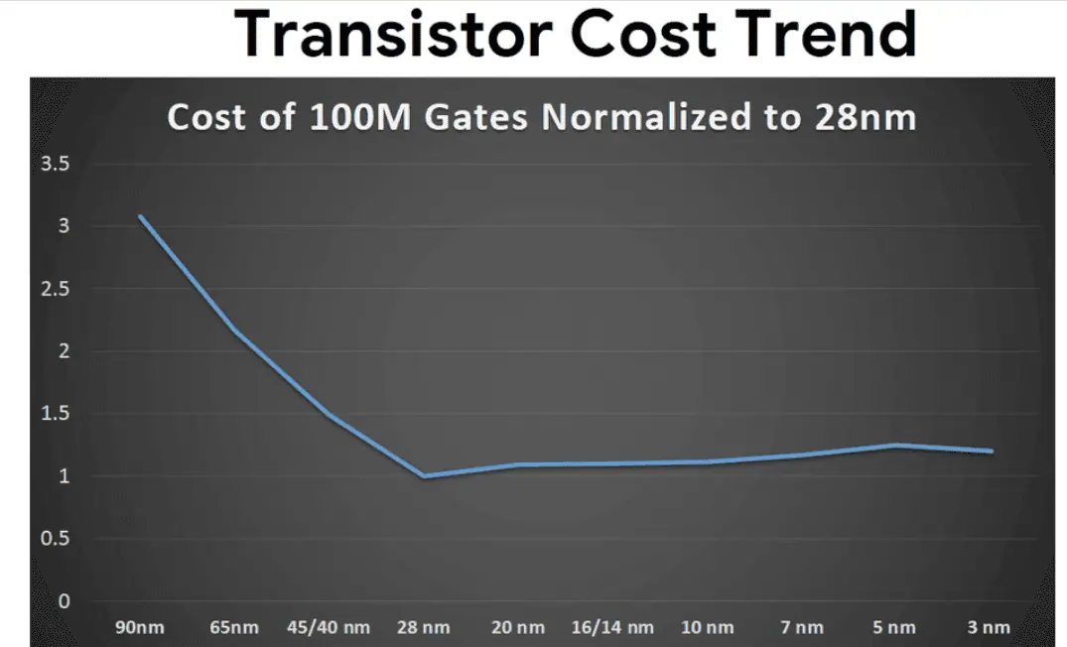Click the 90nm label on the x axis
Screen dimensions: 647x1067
point(141,627)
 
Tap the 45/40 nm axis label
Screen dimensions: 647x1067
point(329,627)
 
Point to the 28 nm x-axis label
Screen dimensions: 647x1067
point(424,627)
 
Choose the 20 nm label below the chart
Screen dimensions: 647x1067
point(518,627)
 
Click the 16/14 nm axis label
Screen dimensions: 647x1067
point(612,627)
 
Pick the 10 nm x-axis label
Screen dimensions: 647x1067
point(707,627)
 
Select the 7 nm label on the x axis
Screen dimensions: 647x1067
point(801,627)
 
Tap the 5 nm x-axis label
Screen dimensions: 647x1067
point(895,627)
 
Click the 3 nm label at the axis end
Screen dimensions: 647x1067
point(990,627)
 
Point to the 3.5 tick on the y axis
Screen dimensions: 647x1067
point(55,164)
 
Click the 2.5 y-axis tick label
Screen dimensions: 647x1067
point(55,289)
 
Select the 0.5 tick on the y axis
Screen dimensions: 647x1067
point(55,539)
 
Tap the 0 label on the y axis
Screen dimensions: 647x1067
point(65,601)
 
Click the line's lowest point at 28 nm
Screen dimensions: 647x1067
point(424,476)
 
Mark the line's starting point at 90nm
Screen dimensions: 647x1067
point(141,216)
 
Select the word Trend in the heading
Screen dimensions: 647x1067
point(825,36)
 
